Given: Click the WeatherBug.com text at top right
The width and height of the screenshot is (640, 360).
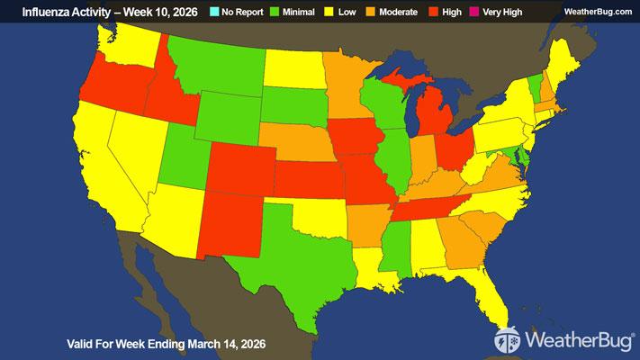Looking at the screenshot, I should pyautogui.click(x=597, y=10).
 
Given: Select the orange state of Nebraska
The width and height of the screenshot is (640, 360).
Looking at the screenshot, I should pyautogui.click(x=297, y=144).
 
